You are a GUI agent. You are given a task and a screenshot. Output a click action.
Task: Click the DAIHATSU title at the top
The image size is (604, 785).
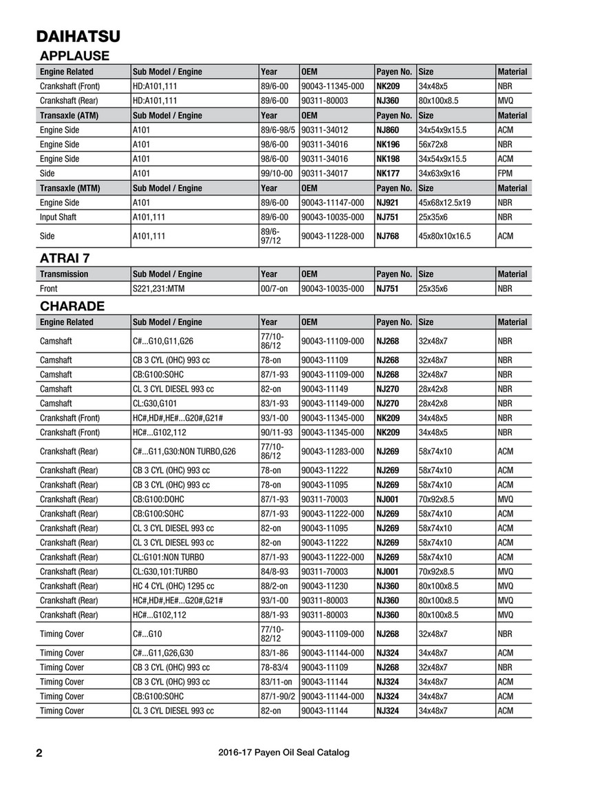coord(78,36)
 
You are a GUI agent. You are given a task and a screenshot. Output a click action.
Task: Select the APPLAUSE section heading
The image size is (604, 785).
coord(74,56)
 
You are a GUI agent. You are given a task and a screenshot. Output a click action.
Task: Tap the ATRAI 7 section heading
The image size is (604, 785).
coord(65,258)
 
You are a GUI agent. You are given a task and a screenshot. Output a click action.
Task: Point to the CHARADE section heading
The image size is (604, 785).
coord(72,306)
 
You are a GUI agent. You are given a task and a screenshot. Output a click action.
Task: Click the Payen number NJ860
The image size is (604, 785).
coord(387,130)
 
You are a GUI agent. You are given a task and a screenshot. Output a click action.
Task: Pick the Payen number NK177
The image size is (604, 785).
coord(387,174)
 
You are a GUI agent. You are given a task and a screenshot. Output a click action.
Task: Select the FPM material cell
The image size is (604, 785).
coord(504,174)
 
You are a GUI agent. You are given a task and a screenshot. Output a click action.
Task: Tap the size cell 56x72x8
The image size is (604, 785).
coord(433,145)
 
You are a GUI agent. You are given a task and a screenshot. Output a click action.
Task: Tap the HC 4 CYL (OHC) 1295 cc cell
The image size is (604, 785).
coord(173,586)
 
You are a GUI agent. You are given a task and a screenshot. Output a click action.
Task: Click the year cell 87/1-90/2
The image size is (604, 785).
coord(278,696)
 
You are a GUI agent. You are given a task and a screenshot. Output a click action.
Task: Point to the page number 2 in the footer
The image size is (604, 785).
coord(39,753)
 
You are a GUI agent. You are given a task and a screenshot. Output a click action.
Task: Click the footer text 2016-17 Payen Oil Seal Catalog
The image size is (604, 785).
coord(282,753)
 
